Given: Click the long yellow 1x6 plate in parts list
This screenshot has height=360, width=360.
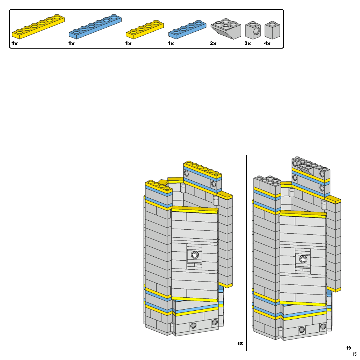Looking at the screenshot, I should pyautogui.click(x=38, y=27).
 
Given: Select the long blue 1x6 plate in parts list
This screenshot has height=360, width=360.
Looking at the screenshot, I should pyautogui.click(x=95, y=27).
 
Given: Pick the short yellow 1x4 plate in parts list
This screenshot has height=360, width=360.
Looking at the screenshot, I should pyautogui.click(x=144, y=29).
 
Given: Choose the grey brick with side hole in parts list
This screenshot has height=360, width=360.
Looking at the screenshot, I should pyautogui.click(x=253, y=30).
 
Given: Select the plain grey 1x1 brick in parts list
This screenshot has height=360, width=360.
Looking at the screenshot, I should pyautogui.click(x=272, y=30).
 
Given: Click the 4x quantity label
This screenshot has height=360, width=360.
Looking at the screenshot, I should pyautogui.click(x=267, y=44).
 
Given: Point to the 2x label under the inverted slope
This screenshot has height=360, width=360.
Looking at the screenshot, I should pyautogui.click(x=213, y=44).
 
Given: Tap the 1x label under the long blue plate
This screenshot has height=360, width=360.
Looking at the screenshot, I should pyautogui.click(x=71, y=44).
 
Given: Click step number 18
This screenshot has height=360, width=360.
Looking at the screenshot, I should pyautogui.click(x=240, y=344).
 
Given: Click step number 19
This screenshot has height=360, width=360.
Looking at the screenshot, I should pyautogui.click(x=348, y=348).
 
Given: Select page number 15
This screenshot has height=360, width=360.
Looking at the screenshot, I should pyautogui.click(x=354, y=355).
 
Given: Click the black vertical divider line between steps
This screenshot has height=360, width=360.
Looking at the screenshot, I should pyautogui.click(x=246, y=252).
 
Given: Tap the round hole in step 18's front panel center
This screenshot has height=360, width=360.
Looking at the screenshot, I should pyautogui.click(x=194, y=255).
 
